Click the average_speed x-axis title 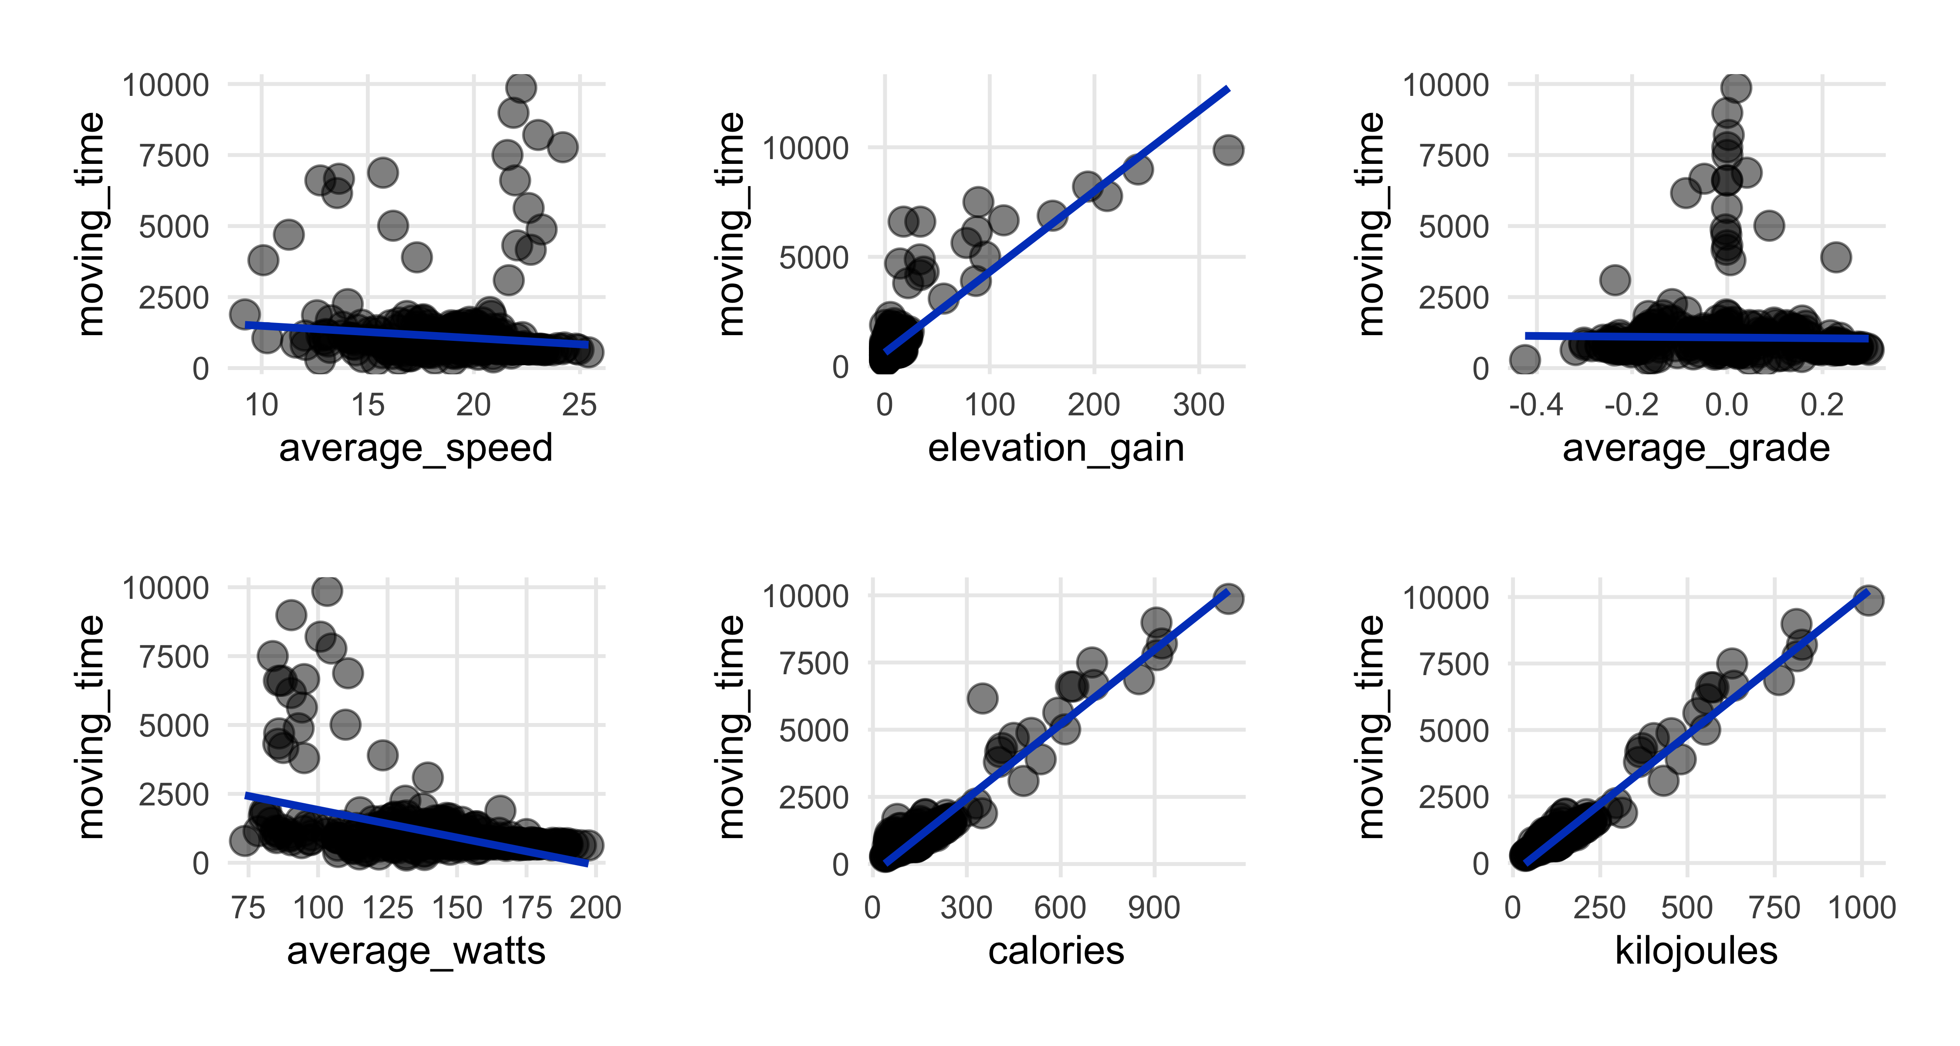[416, 448]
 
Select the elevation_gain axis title [1055, 448]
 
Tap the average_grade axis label [1696, 448]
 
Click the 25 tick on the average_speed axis [579, 405]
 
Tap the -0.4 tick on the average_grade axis [1536, 405]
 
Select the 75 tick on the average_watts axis [248, 907]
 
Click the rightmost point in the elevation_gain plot [1228, 150]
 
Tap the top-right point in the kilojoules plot [1869, 600]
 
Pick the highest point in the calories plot [1228, 598]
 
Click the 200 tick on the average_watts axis [595, 907]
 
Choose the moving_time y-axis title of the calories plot [732, 727]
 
